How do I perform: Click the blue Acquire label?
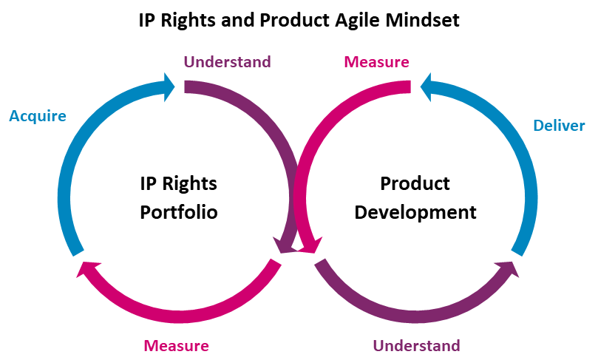[38, 116]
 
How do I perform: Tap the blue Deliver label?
[559, 126]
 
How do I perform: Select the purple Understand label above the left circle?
[228, 62]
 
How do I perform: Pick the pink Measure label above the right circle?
[376, 62]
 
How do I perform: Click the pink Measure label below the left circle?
[176, 345]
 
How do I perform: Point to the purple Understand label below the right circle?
[416, 345]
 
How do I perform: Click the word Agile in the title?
[357, 20]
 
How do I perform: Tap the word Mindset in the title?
[422, 20]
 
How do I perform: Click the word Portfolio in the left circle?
[178, 212]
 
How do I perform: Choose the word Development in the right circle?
[415, 212]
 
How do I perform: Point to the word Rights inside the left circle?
[189, 184]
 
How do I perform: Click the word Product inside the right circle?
[415, 183]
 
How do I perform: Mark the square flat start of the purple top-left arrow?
[186, 87]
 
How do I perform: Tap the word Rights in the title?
[188, 20]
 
